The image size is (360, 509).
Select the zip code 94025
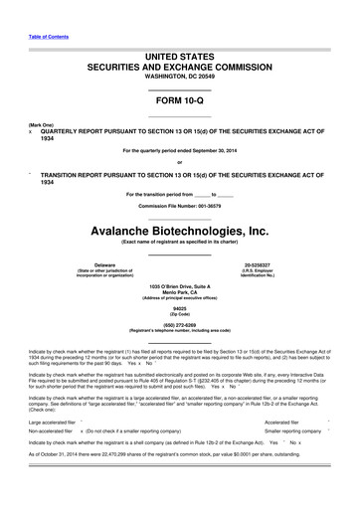click(x=179, y=308)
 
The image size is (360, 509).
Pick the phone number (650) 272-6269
click(x=179, y=324)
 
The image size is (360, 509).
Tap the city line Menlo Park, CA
click(x=179, y=291)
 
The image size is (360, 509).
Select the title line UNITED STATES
click(x=179, y=50)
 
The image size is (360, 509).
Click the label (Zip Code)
click(x=179, y=313)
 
